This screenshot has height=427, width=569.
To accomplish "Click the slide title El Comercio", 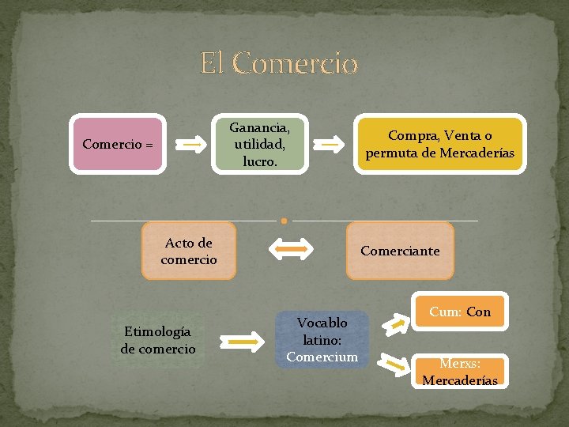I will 279,62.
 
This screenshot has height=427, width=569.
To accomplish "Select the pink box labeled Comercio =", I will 118,145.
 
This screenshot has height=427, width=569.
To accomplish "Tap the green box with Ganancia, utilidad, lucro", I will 259,144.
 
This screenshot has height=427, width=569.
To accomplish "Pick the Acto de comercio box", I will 189,251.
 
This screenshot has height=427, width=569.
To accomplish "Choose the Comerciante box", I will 400,251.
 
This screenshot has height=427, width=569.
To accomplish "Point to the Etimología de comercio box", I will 158,340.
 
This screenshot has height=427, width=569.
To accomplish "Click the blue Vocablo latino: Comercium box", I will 322,339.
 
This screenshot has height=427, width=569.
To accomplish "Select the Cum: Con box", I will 460,312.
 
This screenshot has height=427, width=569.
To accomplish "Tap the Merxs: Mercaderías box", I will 460,372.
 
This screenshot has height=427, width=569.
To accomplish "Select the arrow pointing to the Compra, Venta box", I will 331,145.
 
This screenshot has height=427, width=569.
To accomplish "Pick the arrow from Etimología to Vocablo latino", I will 247,342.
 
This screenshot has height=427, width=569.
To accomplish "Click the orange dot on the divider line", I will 284,221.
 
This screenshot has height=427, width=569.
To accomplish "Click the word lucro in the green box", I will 259,161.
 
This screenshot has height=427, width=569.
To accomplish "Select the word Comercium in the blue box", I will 322,357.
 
